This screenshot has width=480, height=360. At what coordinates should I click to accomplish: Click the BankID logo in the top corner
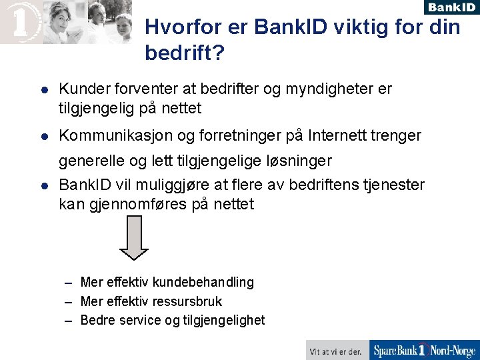[x=451, y=7]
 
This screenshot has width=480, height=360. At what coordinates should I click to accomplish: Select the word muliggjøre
[x=166, y=185]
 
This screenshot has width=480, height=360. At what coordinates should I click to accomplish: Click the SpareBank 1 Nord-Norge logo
[x=424, y=350]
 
